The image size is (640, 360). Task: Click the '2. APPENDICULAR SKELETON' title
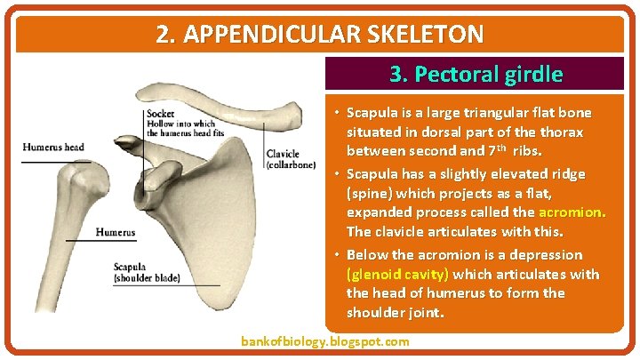[x=320, y=34]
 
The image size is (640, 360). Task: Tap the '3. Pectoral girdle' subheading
[x=476, y=74]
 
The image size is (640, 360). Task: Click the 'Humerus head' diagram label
[x=53, y=147]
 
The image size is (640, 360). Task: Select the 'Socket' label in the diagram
[x=161, y=113]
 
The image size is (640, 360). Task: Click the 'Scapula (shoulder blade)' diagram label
[x=147, y=271]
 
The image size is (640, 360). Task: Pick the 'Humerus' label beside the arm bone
[x=116, y=233]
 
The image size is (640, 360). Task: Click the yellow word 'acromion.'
[x=572, y=212]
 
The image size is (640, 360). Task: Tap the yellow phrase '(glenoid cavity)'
[x=397, y=274]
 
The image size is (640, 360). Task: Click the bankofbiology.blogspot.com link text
[x=325, y=341]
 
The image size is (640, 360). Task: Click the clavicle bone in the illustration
[x=240, y=118]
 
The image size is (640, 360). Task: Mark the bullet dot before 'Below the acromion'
[x=338, y=255]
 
